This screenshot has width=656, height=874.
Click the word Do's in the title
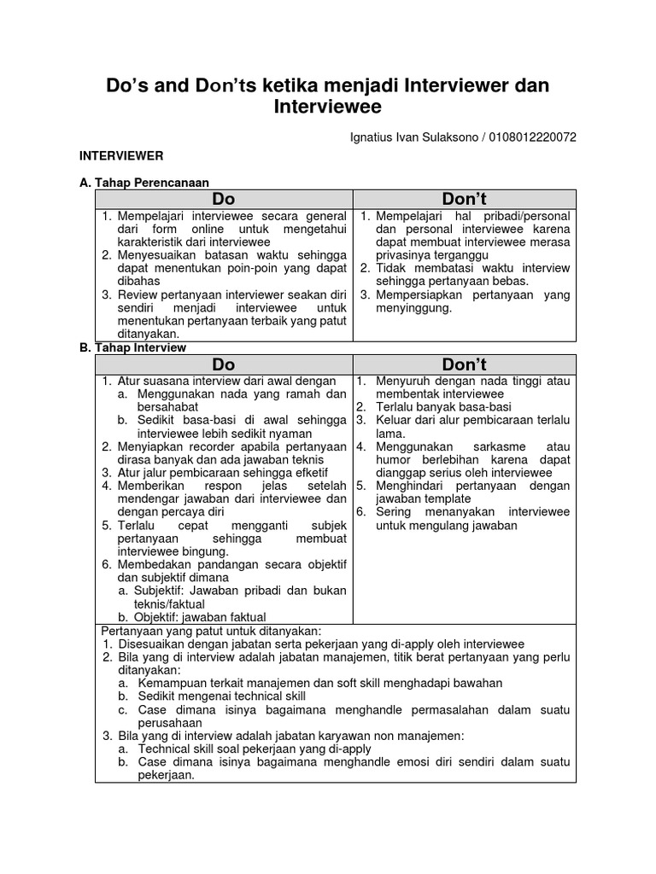128,85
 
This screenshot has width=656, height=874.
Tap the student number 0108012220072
522,136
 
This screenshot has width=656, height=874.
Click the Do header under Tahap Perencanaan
224,199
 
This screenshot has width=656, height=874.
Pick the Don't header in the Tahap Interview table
465,364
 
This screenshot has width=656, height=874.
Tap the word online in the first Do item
223,230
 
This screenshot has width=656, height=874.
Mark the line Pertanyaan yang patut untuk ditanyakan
210,630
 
